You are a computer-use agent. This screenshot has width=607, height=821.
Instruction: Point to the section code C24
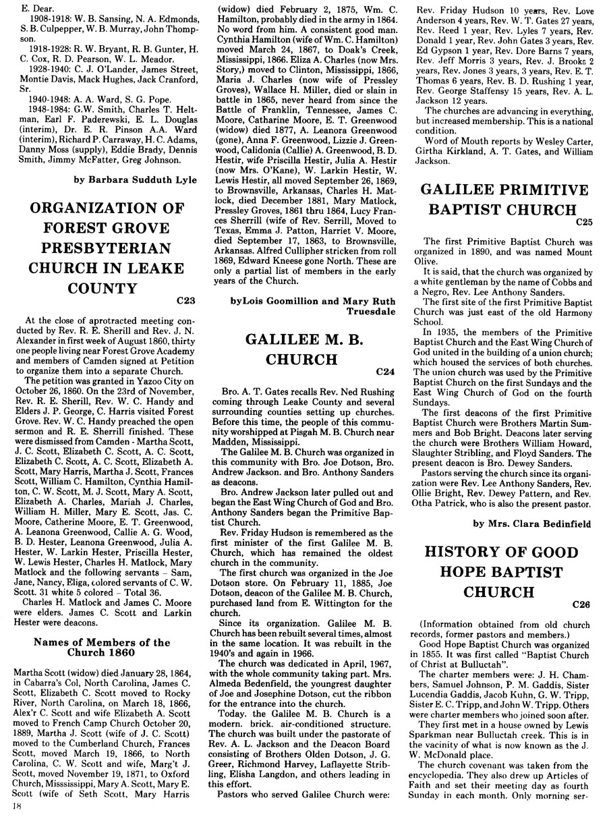pos(381,370)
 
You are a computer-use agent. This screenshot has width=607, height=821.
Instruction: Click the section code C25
pos(583,221)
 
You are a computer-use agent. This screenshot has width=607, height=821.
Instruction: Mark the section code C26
pos(581,604)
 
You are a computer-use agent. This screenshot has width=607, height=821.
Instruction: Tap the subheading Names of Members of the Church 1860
pos(103,647)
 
